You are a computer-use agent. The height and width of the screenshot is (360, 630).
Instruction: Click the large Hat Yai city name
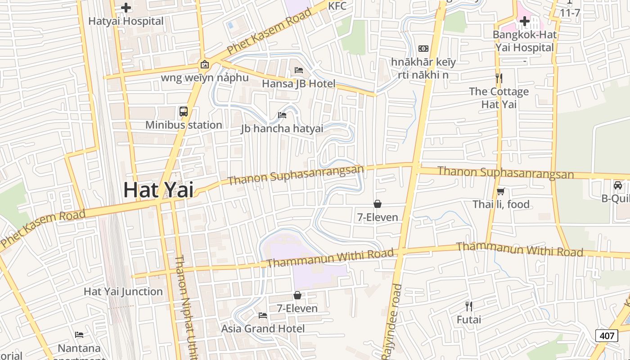pyautogui.click(x=158, y=189)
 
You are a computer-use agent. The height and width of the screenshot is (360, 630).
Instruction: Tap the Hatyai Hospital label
pyautogui.click(x=126, y=21)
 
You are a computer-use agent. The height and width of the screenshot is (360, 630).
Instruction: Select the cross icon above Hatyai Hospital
pyautogui.click(x=126, y=7)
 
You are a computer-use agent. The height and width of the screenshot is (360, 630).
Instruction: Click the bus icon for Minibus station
pyautogui.click(x=184, y=112)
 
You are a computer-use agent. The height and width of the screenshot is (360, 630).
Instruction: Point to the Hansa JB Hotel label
pyautogui.click(x=298, y=84)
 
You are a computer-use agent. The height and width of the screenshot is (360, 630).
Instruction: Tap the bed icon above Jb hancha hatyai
pyautogui.click(x=282, y=115)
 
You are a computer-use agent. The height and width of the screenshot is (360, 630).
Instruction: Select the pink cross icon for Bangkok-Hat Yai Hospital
pyautogui.click(x=524, y=21)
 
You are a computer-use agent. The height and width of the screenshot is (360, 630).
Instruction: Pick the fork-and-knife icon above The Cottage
pyautogui.click(x=499, y=78)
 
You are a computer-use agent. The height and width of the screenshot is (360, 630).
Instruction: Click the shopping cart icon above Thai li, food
pyautogui.click(x=501, y=191)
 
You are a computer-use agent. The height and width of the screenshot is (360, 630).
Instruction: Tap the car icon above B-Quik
pyautogui.click(x=618, y=185)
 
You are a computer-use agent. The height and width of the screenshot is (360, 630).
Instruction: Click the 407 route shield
pyautogui.click(x=606, y=335)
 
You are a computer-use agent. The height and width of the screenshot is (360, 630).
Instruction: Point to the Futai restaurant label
pyautogui.click(x=469, y=320)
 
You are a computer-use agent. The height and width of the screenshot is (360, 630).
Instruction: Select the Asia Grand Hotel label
pyautogui.click(x=263, y=328)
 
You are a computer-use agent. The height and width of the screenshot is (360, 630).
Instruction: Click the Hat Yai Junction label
pyautogui.click(x=123, y=292)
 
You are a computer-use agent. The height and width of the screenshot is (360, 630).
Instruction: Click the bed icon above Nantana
pyautogui.click(x=79, y=334)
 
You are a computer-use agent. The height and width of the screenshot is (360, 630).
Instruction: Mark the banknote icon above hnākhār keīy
pyautogui.click(x=423, y=49)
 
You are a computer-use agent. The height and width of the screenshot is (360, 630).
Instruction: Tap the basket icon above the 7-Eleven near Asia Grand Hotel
pyautogui.click(x=297, y=295)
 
